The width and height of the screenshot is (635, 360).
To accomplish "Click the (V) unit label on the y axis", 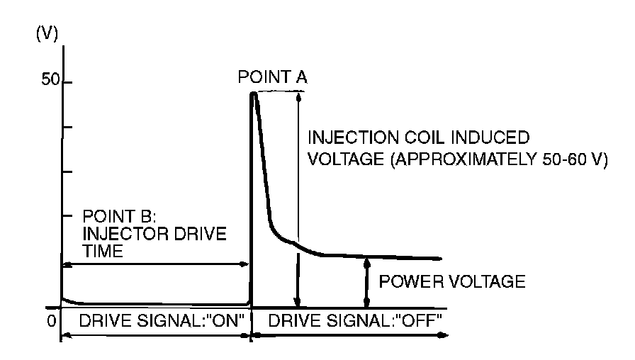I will pos(46,35).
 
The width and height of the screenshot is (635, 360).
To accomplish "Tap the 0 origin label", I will pos(51,321).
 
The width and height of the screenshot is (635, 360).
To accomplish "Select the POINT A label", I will pos(273,77).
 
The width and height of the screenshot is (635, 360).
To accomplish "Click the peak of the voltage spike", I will pos(254,94).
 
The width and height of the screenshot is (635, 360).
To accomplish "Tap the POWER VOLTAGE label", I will pos(452,281).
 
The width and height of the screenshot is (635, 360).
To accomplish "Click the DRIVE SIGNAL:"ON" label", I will pos(162,321).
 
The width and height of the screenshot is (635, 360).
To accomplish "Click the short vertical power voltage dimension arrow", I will pos(366,281).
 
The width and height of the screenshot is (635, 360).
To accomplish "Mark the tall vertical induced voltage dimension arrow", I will pos(298,198).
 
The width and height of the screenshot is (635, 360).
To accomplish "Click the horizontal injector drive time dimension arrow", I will pos(156,264).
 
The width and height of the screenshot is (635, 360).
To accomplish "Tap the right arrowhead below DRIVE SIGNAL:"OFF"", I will pos(444,334).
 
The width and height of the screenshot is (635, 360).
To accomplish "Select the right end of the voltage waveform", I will pos(440,259).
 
